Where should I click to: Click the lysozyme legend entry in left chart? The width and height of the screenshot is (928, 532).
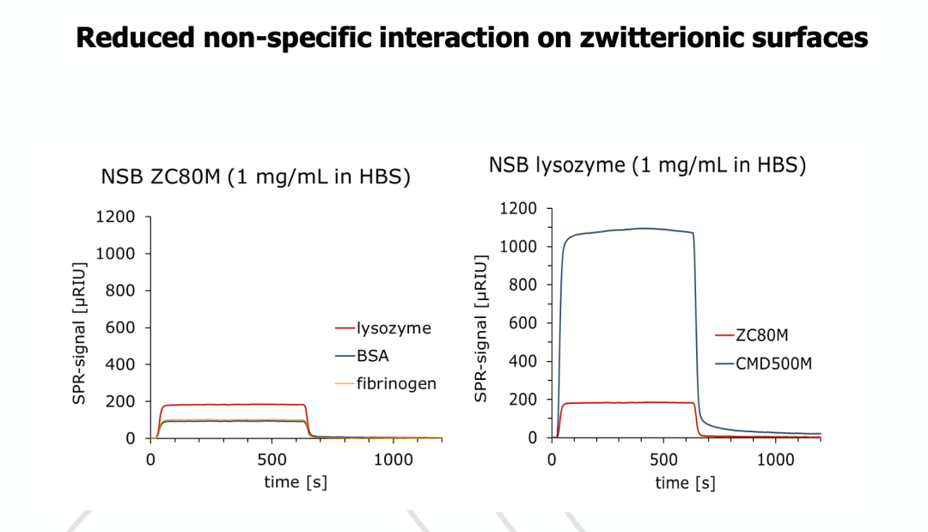pyautogui.click(x=393, y=327)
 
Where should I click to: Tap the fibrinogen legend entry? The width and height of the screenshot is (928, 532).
pyautogui.click(x=396, y=383)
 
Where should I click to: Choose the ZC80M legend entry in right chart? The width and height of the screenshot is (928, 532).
pyautogui.click(x=761, y=336)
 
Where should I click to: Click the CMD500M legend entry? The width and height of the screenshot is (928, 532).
pyautogui.click(x=773, y=364)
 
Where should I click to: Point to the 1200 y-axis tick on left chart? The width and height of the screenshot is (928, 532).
pyautogui.click(x=115, y=217)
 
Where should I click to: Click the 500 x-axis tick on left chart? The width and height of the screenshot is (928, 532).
pyautogui.click(x=272, y=459)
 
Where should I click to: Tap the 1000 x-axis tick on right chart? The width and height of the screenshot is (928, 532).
pyautogui.click(x=776, y=460)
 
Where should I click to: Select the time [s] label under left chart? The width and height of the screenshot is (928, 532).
pyautogui.click(x=295, y=482)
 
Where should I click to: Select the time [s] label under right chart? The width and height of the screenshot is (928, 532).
pyautogui.click(x=684, y=483)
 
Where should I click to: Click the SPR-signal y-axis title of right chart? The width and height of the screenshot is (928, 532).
pyautogui.click(x=481, y=327)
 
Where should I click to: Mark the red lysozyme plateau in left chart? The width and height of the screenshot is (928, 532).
pyautogui.click(x=232, y=404)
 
